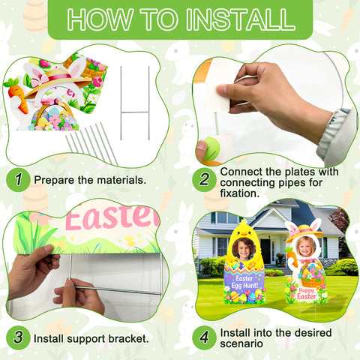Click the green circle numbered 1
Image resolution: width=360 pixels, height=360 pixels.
point(18,180)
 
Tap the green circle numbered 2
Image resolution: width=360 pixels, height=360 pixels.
point(204,180)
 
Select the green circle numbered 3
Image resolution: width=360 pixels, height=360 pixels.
point(18,337)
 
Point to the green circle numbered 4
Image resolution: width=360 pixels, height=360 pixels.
point(204,337)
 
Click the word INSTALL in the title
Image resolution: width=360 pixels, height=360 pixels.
point(241,19)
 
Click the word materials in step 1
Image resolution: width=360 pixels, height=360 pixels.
point(121,180)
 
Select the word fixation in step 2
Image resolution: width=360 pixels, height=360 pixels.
point(240,193)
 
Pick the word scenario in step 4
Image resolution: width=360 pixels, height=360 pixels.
point(241,343)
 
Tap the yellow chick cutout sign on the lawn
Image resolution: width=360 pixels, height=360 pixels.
point(244,262)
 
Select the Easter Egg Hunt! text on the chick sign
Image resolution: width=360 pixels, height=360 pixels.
point(244,282)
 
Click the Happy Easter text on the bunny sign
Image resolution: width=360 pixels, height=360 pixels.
point(307,293)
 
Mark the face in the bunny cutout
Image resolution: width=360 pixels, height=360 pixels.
point(306,246)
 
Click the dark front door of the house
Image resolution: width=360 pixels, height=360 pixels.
point(265,250)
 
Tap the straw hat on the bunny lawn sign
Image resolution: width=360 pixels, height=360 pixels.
point(304,232)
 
